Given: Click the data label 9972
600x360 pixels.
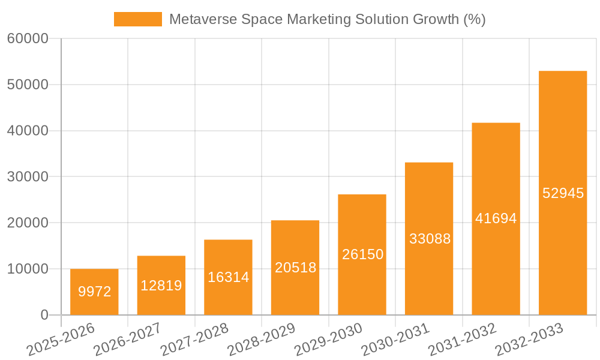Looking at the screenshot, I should coord(95,292).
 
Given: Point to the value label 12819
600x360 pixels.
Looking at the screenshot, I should coord(161,286).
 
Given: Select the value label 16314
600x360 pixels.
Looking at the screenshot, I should coord(228,277).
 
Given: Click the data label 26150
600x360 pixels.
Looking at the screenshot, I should coord(362,254).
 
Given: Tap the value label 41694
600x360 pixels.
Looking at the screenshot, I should coord(496,218).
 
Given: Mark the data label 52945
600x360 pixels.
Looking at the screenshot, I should coord(563,193).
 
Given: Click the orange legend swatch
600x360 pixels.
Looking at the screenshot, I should coord(138,19).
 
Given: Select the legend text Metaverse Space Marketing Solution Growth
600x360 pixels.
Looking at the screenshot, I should coord(327,19).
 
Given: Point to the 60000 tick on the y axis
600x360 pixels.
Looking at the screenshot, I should coord(28,39).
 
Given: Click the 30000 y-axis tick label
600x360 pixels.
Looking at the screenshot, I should coord(28,177).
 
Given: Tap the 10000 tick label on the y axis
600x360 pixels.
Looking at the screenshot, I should coord(28,269).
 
